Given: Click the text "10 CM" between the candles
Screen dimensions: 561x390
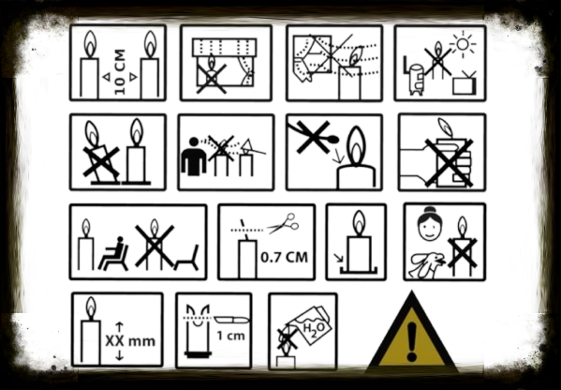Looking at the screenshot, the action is click(x=120, y=71).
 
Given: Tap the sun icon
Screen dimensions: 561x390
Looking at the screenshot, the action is click(x=463, y=44).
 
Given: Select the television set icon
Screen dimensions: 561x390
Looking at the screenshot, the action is click(x=465, y=83).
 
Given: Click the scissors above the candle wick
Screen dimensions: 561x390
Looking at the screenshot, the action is click(x=284, y=223).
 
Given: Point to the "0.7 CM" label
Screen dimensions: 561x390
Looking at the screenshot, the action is click(x=285, y=257).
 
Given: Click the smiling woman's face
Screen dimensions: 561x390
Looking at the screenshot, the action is click(x=429, y=225).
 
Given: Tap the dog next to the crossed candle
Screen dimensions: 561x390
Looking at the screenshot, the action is click(x=427, y=265).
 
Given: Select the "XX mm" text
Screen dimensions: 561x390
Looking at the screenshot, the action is click(x=130, y=341).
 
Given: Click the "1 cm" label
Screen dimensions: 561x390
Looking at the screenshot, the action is click(x=231, y=336).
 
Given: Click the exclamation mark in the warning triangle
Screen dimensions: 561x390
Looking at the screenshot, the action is click(x=412, y=341).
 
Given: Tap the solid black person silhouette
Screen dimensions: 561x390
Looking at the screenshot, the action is click(x=194, y=157).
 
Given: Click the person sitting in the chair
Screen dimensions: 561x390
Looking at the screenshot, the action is click(x=113, y=253).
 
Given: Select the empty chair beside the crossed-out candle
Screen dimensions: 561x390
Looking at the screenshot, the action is click(x=186, y=259).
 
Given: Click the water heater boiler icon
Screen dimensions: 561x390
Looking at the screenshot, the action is click(x=415, y=79).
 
